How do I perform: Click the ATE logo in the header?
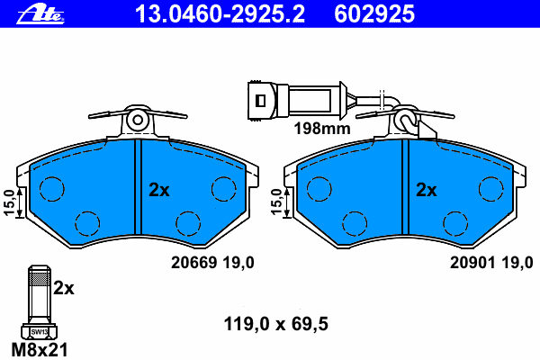tap(40, 15)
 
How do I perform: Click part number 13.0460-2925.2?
tap(220, 14)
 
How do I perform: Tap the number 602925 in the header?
tap(374, 14)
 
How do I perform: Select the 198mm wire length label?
tap(322, 129)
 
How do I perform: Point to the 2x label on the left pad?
tap(159, 190)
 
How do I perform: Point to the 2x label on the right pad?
tap(427, 190)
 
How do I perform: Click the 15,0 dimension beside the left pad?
tap(9, 202)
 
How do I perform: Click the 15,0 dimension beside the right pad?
tap(276, 202)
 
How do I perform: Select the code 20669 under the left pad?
tap(194, 263)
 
